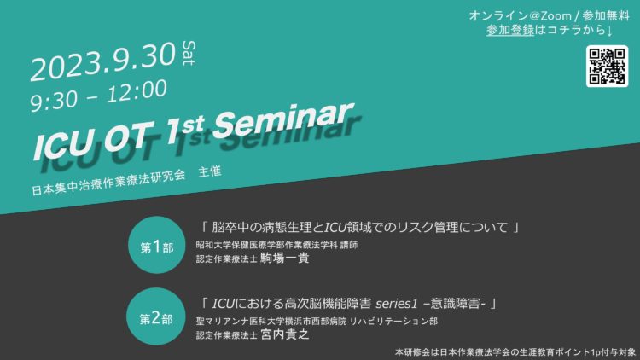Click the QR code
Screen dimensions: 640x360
point(607,67)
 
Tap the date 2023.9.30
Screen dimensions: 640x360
point(103,62)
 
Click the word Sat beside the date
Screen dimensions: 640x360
point(189,53)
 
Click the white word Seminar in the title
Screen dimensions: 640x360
point(282,120)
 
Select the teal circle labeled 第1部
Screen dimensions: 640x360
point(157,245)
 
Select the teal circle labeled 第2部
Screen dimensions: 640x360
point(156,316)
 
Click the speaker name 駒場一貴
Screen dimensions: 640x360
point(284,258)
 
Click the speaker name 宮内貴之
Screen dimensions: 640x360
point(284,334)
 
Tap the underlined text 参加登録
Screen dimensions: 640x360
point(510,30)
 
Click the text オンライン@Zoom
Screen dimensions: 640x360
point(520,16)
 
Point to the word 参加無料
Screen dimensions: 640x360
point(606,16)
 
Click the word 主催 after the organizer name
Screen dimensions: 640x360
point(210,171)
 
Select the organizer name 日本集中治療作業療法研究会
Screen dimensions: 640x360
point(108,183)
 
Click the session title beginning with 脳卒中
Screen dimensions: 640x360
point(360,227)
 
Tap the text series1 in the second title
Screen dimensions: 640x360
point(397,304)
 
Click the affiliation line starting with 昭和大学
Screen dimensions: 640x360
point(276,245)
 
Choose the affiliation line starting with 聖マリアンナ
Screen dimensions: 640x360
point(317,322)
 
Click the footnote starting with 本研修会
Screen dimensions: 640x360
point(515,352)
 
